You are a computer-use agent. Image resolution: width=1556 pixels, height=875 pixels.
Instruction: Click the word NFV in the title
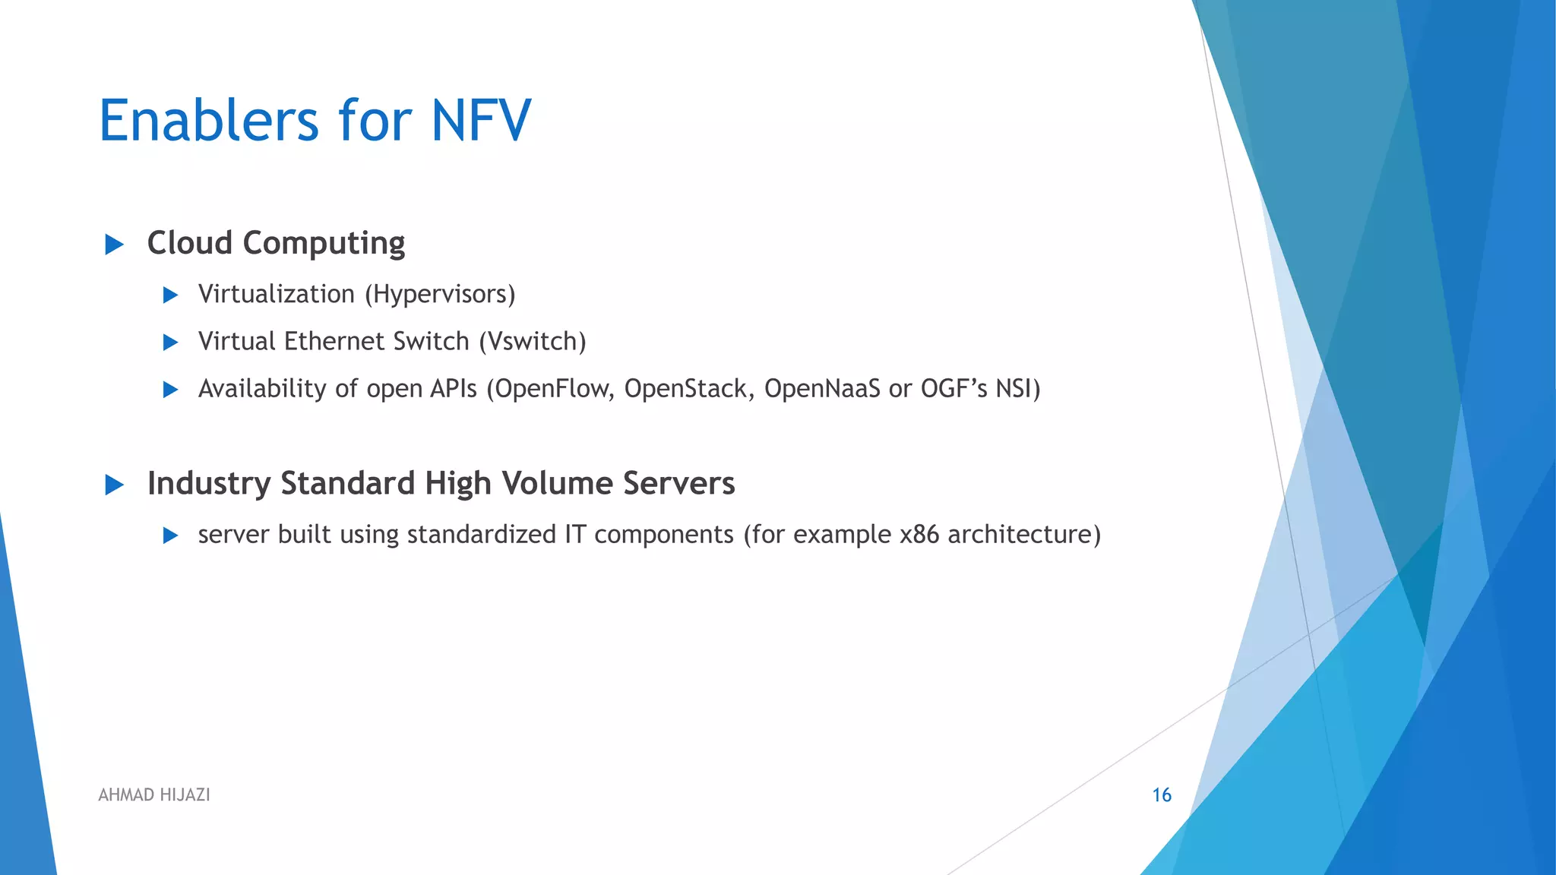pyautogui.click(x=481, y=121)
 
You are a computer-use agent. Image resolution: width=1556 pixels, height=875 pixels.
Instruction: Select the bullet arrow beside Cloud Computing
pyautogui.click(x=114, y=245)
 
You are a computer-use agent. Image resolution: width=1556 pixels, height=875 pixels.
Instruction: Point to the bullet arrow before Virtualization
pyautogui.click(x=170, y=295)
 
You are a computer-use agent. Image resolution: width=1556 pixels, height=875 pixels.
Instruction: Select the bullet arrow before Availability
pyautogui.click(x=170, y=390)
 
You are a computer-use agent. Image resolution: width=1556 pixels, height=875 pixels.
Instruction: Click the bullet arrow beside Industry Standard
pyautogui.click(x=114, y=485)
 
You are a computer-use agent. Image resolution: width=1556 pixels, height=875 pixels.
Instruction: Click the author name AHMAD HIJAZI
pyautogui.click(x=154, y=795)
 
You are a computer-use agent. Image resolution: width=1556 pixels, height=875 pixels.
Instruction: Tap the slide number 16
pyautogui.click(x=1162, y=795)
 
